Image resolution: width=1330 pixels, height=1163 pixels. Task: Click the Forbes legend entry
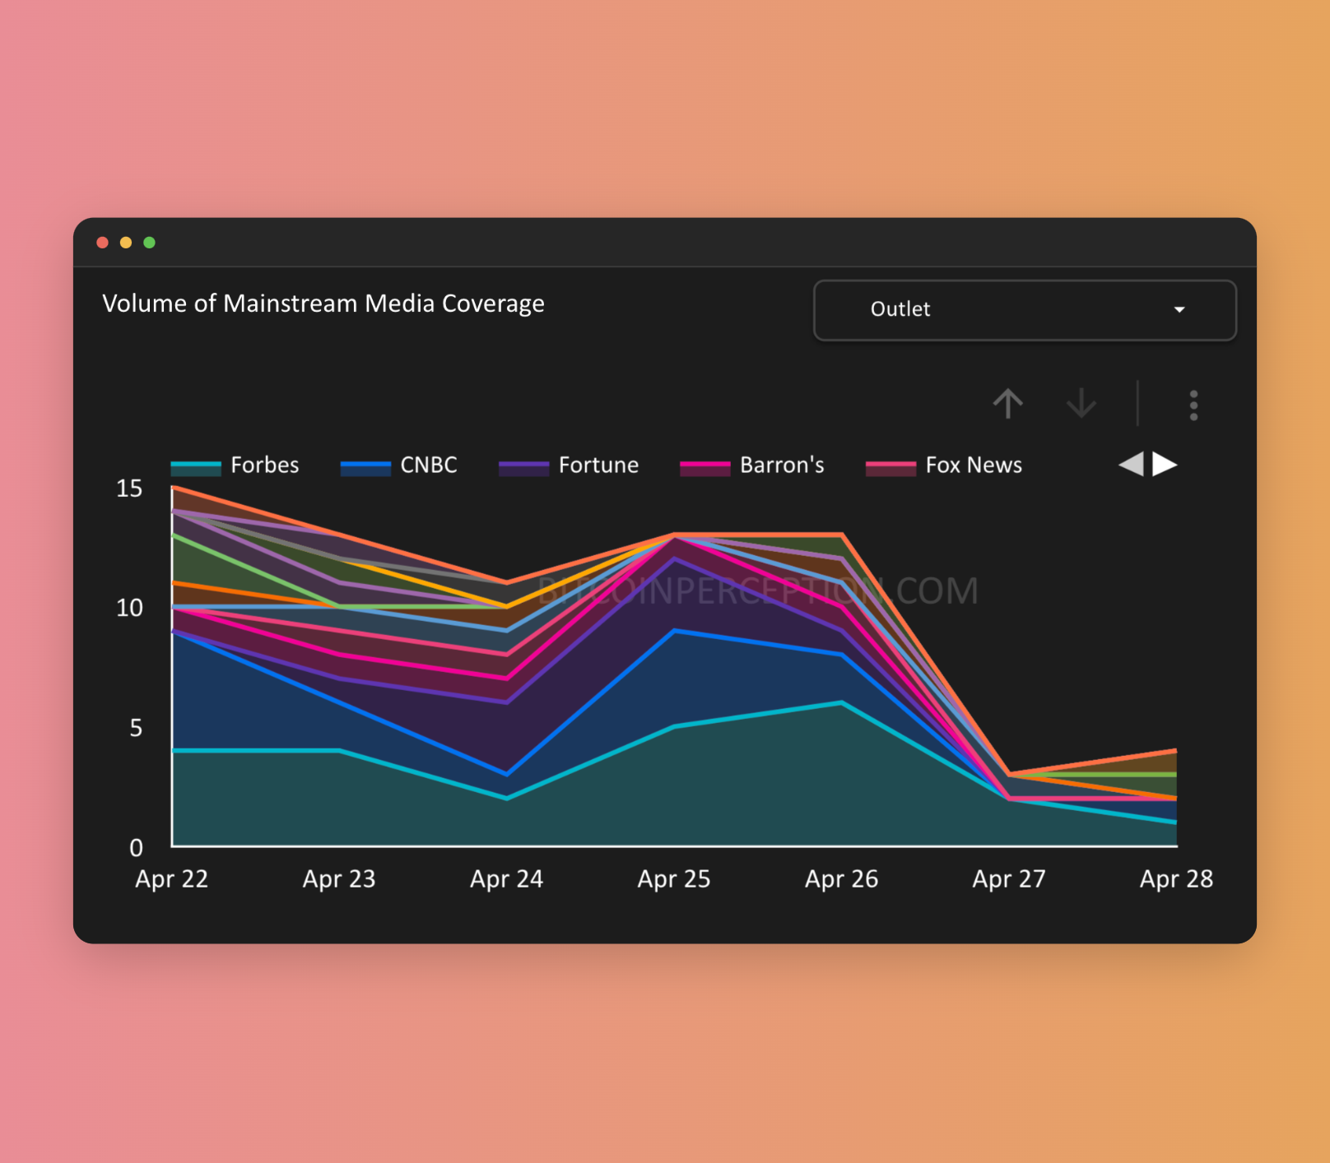(x=235, y=466)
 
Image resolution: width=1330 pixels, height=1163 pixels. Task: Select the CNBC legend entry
(x=400, y=466)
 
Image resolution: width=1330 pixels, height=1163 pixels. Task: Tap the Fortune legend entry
(x=570, y=466)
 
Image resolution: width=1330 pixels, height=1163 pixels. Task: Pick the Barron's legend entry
(x=752, y=466)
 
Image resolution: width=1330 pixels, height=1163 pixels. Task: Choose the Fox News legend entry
(x=944, y=466)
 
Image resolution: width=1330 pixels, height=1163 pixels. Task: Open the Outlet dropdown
(x=1024, y=310)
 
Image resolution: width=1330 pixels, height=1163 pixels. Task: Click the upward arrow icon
(x=1007, y=404)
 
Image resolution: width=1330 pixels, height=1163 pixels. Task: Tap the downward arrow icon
(x=1081, y=404)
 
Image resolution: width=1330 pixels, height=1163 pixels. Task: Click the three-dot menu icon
(x=1193, y=405)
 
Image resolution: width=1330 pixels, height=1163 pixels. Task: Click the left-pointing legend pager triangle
(x=1132, y=465)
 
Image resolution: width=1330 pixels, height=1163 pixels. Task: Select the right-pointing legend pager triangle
(x=1164, y=465)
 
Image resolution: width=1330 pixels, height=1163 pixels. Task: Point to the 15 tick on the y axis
(x=129, y=489)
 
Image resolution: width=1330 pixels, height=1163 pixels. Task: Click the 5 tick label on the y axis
(x=136, y=728)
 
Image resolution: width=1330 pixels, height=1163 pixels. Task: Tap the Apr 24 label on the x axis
(x=506, y=879)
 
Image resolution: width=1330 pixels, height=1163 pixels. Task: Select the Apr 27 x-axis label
(x=1009, y=879)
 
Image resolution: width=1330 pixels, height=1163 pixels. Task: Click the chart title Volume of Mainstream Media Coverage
(x=323, y=303)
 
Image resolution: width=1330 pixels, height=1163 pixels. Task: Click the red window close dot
(x=103, y=243)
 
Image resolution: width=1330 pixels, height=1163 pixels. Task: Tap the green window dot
(x=150, y=243)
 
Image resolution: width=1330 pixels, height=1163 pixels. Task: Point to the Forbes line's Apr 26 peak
(x=841, y=702)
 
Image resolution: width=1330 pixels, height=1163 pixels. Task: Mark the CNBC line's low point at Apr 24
(x=506, y=774)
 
